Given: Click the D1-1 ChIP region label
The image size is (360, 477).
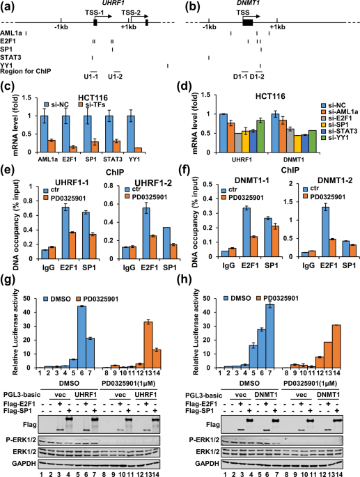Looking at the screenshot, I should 243,77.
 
